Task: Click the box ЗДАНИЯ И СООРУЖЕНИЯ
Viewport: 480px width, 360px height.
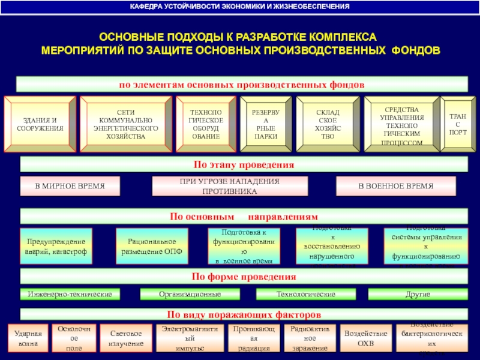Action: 40,125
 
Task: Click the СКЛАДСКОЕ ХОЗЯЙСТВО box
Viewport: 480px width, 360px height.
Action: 328,124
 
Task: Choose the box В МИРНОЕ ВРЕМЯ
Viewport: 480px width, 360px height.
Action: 70,187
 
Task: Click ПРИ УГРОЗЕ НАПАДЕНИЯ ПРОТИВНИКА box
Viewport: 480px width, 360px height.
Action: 230,187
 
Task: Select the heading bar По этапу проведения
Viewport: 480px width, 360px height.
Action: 244,164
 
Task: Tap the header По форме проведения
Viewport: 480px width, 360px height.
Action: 244,277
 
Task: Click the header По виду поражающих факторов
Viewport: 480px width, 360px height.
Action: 244,314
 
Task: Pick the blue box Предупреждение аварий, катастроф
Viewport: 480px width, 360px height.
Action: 56,247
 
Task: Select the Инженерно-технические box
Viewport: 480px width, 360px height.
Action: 70,295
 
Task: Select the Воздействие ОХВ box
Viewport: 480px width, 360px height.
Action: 365,338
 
